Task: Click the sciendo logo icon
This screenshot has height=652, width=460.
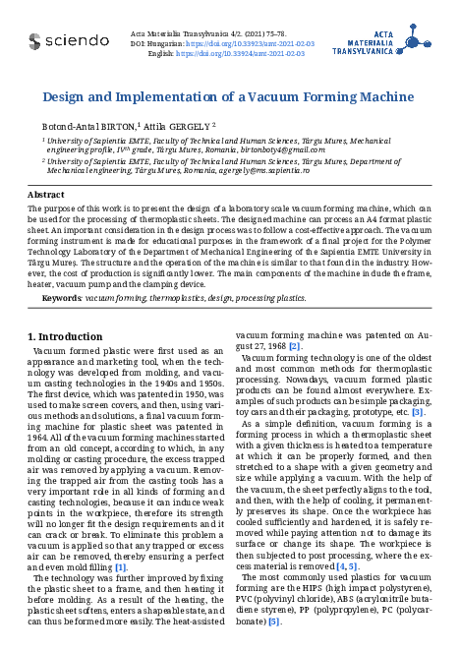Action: (x=34, y=40)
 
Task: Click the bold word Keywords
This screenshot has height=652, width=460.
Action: (x=62, y=297)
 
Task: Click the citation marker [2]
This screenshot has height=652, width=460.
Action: (x=295, y=346)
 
